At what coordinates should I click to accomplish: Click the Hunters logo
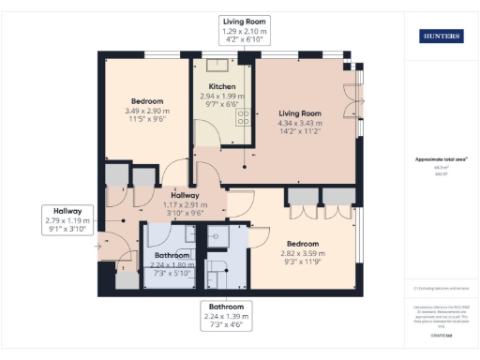click(440, 36)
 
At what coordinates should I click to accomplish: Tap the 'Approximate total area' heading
click(440, 159)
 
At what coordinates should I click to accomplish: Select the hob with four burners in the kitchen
click(242, 117)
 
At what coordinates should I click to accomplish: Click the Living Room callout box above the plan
click(244, 31)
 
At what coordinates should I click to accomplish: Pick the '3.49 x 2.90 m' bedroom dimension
click(147, 112)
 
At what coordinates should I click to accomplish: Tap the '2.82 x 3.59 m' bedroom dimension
click(303, 253)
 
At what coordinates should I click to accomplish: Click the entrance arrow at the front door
click(99, 247)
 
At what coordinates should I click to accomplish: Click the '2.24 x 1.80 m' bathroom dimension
click(172, 264)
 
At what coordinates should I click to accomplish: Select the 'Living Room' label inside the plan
click(300, 112)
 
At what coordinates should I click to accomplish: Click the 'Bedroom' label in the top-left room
click(147, 101)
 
